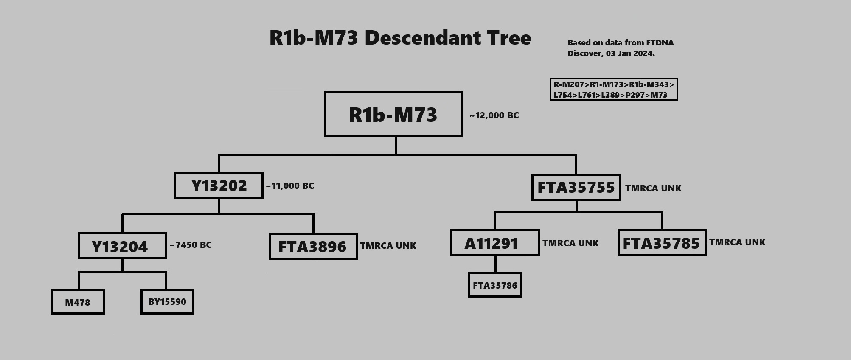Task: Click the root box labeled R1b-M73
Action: pyautogui.click(x=393, y=114)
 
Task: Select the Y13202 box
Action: pyautogui.click(x=219, y=186)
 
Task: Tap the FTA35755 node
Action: pyautogui.click(x=576, y=187)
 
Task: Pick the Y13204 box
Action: pyautogui.click(x=122, y=245)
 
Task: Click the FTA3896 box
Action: pyautogui.click(x=313, y=246)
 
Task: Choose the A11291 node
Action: pyautogui.click(x=495, y=243)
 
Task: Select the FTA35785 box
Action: pyautogui.click(x=662, y=243)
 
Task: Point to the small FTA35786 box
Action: pyautogui.click(x=495, y=285)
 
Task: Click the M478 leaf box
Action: pyautogui.click(x=78, y=302)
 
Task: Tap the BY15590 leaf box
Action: pyautogui.click(x=167, y=302)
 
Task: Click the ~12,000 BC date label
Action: pyautogui.click(x=494, y=115)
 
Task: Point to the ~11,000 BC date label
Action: pyautogui.click(x=290, y=186)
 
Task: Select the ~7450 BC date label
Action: pyautogui.click(x=191, y=245)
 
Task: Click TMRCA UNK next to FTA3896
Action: pyautogui.click(x=388, y=246)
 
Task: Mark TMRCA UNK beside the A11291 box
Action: pyautogui.click(x=570, y=243)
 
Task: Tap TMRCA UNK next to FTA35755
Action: pyautogui.click(x=653, y=188)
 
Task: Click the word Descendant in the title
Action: pyautogui.click(x=423, y=38)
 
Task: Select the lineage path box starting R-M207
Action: pyautogui.click(x=614, y=90)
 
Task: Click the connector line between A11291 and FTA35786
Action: pyautogui.click(x=495, y=264)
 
